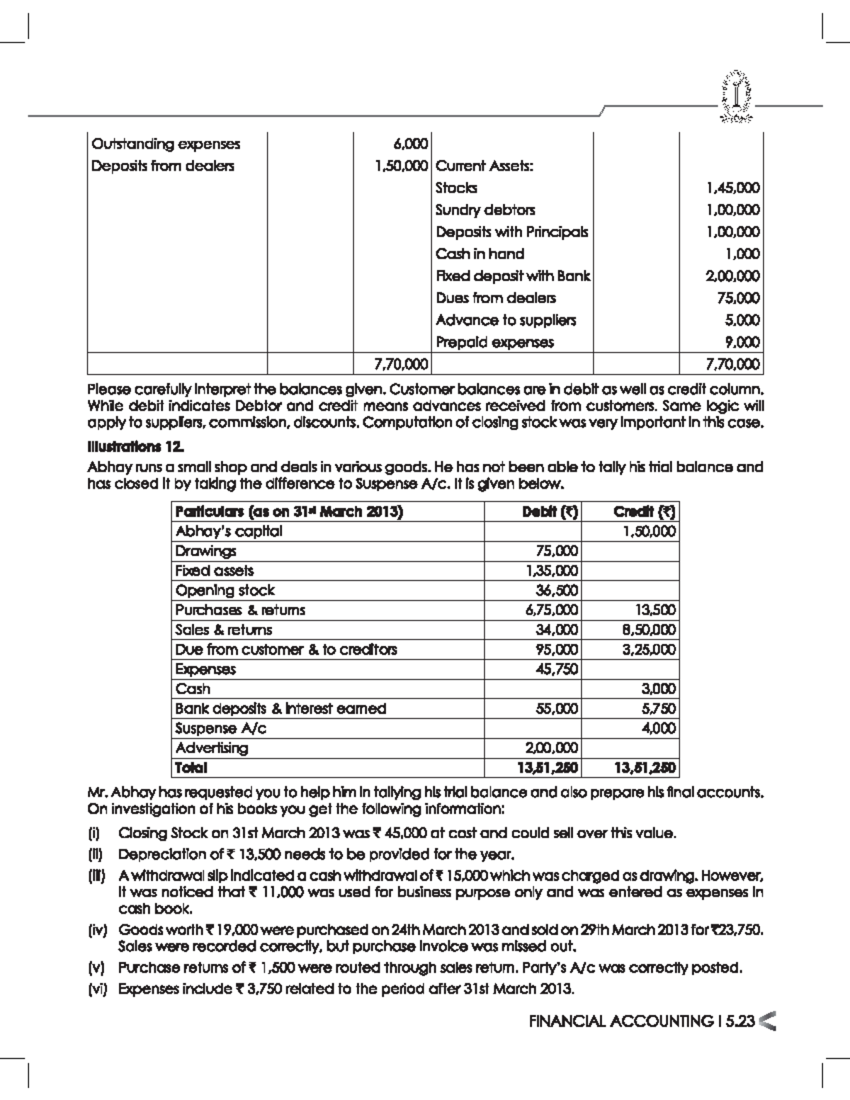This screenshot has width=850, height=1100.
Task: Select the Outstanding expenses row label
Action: tap(166, 144)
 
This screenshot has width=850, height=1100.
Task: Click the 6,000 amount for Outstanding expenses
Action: tap(412, 144)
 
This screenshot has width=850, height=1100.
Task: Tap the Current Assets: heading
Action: tap(484, 166)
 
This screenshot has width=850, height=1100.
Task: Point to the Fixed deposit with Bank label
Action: tap(513, 276)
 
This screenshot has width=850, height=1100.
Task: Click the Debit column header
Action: tap(550, 512)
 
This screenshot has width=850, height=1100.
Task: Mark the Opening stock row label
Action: tap(225, 591)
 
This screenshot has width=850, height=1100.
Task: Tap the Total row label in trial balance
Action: tap(191, 767)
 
